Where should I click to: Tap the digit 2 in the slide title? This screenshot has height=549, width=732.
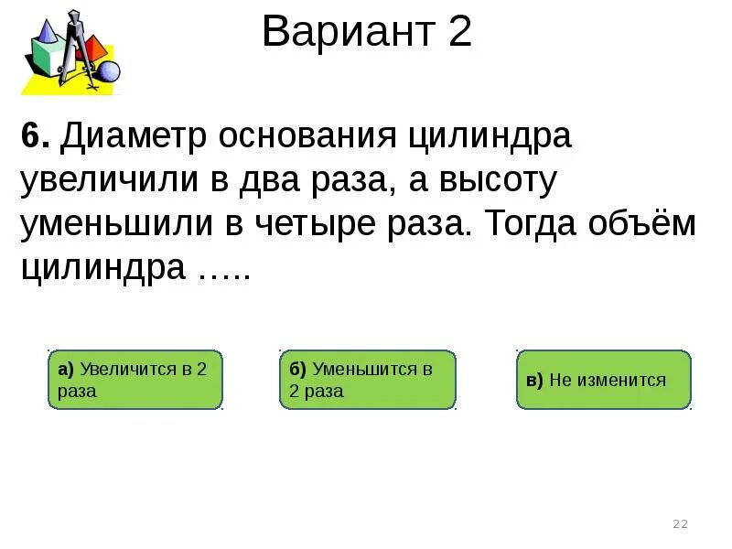point(459,34)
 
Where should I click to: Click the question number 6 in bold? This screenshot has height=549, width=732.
point(34,139)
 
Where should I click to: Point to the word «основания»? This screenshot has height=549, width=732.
point(295,139)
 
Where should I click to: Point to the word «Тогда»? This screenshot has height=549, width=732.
point(535,224)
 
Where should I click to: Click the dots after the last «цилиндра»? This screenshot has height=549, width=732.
point(220,273)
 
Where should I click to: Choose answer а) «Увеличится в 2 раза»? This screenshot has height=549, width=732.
point(135,380)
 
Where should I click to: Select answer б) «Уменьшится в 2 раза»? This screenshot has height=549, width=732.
point(367,380)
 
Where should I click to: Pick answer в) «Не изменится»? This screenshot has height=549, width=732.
point(603,380)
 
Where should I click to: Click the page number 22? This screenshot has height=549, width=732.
point(680,524)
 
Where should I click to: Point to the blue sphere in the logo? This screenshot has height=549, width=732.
point(109,70)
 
